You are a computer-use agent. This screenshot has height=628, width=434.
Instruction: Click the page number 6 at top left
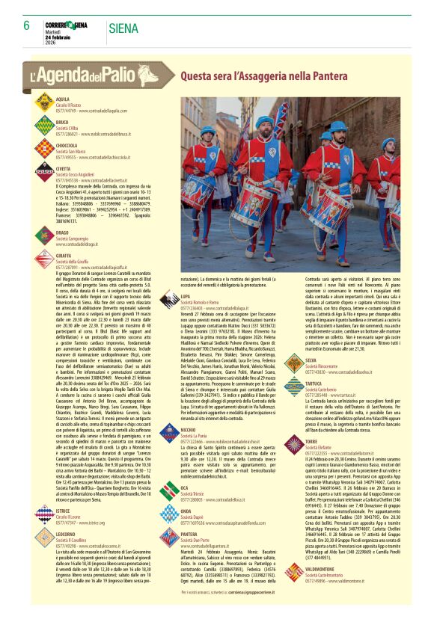coord(26,26)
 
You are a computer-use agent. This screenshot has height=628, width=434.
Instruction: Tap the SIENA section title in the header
coord(123,29)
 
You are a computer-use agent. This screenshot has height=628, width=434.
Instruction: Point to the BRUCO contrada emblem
coord(44,126)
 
